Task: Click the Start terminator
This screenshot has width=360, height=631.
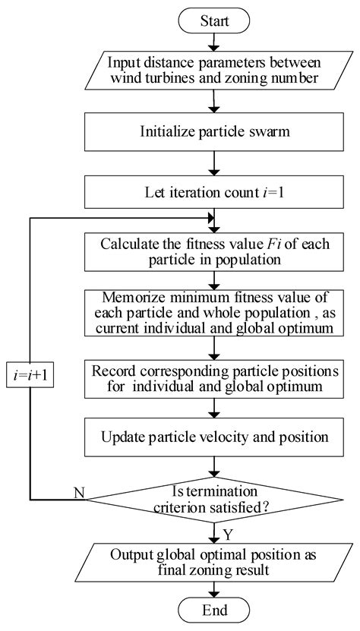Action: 214,21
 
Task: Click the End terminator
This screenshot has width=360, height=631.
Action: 214,610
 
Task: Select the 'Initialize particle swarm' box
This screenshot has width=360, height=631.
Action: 214,131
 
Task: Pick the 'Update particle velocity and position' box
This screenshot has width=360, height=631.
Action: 214,437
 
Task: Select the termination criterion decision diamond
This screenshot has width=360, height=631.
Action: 214,500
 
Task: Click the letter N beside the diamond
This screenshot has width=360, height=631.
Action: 79,492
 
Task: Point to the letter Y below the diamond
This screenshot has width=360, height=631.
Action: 228,535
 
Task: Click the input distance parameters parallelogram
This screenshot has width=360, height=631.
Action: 214,71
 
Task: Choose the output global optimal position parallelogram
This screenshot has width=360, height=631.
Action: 214,562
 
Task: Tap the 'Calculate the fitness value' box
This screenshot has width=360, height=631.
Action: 214,251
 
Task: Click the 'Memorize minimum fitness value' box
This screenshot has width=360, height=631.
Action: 214,313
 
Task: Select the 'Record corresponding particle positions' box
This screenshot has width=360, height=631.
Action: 214,377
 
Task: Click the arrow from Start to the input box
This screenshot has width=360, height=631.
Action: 214,43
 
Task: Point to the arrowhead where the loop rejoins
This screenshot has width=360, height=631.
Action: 210,218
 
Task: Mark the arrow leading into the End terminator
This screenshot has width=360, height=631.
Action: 214,589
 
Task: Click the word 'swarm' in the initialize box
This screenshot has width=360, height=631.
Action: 270,132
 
